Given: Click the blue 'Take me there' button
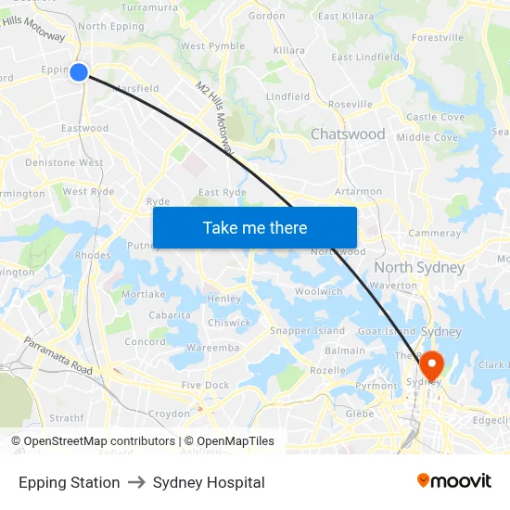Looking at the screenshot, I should [x=255, y=227].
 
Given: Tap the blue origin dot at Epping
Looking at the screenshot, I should [x=79, y=71].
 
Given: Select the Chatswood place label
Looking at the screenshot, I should [x=348, y=134].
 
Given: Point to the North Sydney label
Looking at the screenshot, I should [x=419, y=267].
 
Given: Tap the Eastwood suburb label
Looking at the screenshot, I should [x=84, y=128].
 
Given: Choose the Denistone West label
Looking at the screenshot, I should [x=64, y=162].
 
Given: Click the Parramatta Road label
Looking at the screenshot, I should [x=59, y=356].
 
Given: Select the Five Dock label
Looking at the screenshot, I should [x=205, y=385].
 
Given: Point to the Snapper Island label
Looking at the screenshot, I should [x=307, y=331].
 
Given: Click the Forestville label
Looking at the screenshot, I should [x=438, y=38].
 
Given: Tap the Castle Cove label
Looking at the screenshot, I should [x=435, y=117].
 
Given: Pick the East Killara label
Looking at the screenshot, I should [x=346, y=16].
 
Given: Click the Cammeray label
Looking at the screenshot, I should [x=435, y=233].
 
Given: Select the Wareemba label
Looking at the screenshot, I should [x=212, y=348].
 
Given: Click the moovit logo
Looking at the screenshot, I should [x=454, y=481].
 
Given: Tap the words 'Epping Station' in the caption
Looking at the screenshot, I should [x=70, y=482].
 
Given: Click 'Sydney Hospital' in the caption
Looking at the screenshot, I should [x=209, y=482].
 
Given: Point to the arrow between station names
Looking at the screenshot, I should [x=136, y=482].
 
